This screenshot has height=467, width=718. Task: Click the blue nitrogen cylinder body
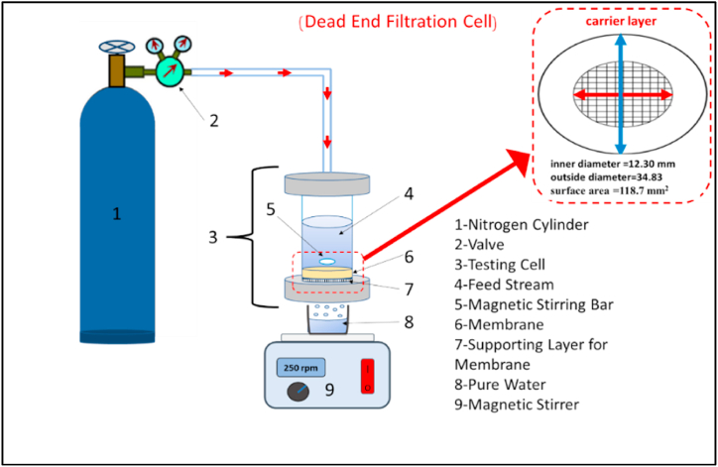point(117,214)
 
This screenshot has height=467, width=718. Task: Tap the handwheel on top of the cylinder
point(117,47)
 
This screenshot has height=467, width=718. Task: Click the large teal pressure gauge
point(170,71)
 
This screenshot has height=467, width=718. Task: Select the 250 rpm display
point(300,368)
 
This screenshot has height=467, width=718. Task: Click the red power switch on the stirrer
point(368,377)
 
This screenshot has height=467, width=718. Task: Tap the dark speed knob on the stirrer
point(299,392)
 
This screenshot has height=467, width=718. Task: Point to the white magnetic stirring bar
point(327,261)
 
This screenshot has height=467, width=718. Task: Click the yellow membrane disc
point(327,273)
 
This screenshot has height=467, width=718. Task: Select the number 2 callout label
point(214,121)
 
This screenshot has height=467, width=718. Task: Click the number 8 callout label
point(409,322)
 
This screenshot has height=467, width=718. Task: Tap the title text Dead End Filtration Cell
point(398,22)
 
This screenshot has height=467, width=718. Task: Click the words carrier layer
point(621,21)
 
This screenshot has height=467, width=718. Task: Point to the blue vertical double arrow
point(621,94)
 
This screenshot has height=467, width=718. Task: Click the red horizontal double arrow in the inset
point(623,95)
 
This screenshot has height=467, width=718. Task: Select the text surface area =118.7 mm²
point(609,190)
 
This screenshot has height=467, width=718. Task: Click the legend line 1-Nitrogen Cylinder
point(522,225)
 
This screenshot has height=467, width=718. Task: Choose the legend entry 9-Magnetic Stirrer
point(517,405)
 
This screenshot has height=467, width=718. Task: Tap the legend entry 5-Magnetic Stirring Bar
point(534,305)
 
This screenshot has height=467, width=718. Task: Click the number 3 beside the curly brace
point(213,238)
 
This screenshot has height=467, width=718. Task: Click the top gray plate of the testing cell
point(327,184)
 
